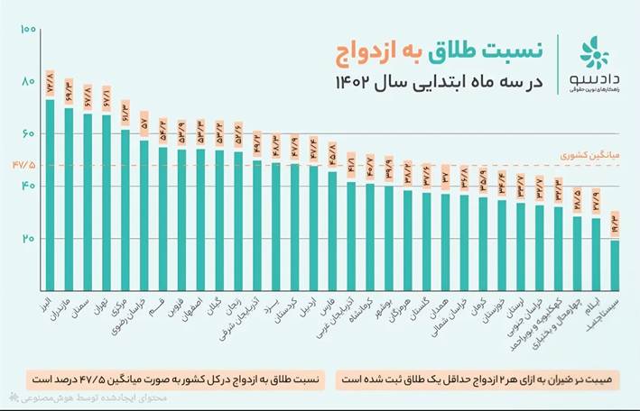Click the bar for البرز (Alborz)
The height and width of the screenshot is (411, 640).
[x=50, y=194]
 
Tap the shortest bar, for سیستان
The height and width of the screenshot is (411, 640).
[x=615, y=265]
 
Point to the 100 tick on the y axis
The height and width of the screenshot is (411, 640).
[x=27, y=30]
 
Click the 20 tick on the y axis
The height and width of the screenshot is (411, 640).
[x=27, y=239]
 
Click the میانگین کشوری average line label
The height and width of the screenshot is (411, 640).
[x=596, y=155]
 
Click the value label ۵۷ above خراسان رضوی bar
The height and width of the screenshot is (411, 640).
[x=144, y=124]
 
